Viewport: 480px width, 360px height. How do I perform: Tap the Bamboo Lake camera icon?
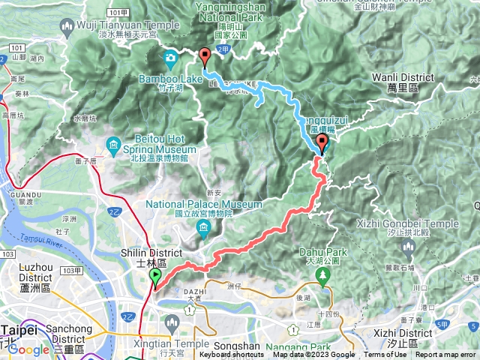point(171,57)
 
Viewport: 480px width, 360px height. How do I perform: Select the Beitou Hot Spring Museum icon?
point(113,144)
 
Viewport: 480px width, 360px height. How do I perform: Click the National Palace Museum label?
point(204,204)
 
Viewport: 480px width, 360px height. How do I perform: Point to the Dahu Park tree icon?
point(323,274)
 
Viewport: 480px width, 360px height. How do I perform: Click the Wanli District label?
point(403,77)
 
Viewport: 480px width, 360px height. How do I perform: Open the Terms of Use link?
point(385,355)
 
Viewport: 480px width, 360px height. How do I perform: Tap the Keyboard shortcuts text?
point(232,355)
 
